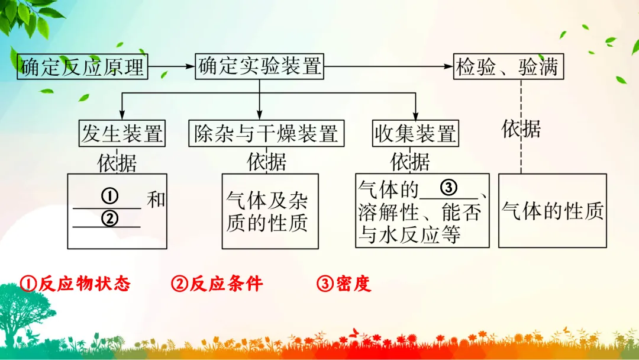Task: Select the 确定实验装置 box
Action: pyautogui.click(x=260, y=66)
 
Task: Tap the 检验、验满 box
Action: pyautogui.click(x=508, y=66)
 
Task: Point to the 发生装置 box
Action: pyautogui.click(x=122, y=134)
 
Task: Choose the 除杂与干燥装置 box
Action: pyautogui.click(x=265, y=134)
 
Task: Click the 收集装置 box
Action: pyautogui.click(x=415, y=134)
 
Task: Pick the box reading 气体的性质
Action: pyautogui.click(x=553, y=210)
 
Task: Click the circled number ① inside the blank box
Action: pyautogui.click(x=109, y=195)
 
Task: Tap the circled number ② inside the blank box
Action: pyautogui.click(x=109, y=218)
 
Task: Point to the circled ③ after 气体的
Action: pyautogui.click(x=448, y=188)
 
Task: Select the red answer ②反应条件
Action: pyautogui.click(x=217, y=284)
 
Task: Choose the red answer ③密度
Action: pyautogui.click(x=344, y=284)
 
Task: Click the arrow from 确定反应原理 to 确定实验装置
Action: pyautogui.click(x=171, y=66)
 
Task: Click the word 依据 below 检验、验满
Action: pyautogui.click(x=521, y=128)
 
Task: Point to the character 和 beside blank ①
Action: pyautogui.click(x=156, y=200)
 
